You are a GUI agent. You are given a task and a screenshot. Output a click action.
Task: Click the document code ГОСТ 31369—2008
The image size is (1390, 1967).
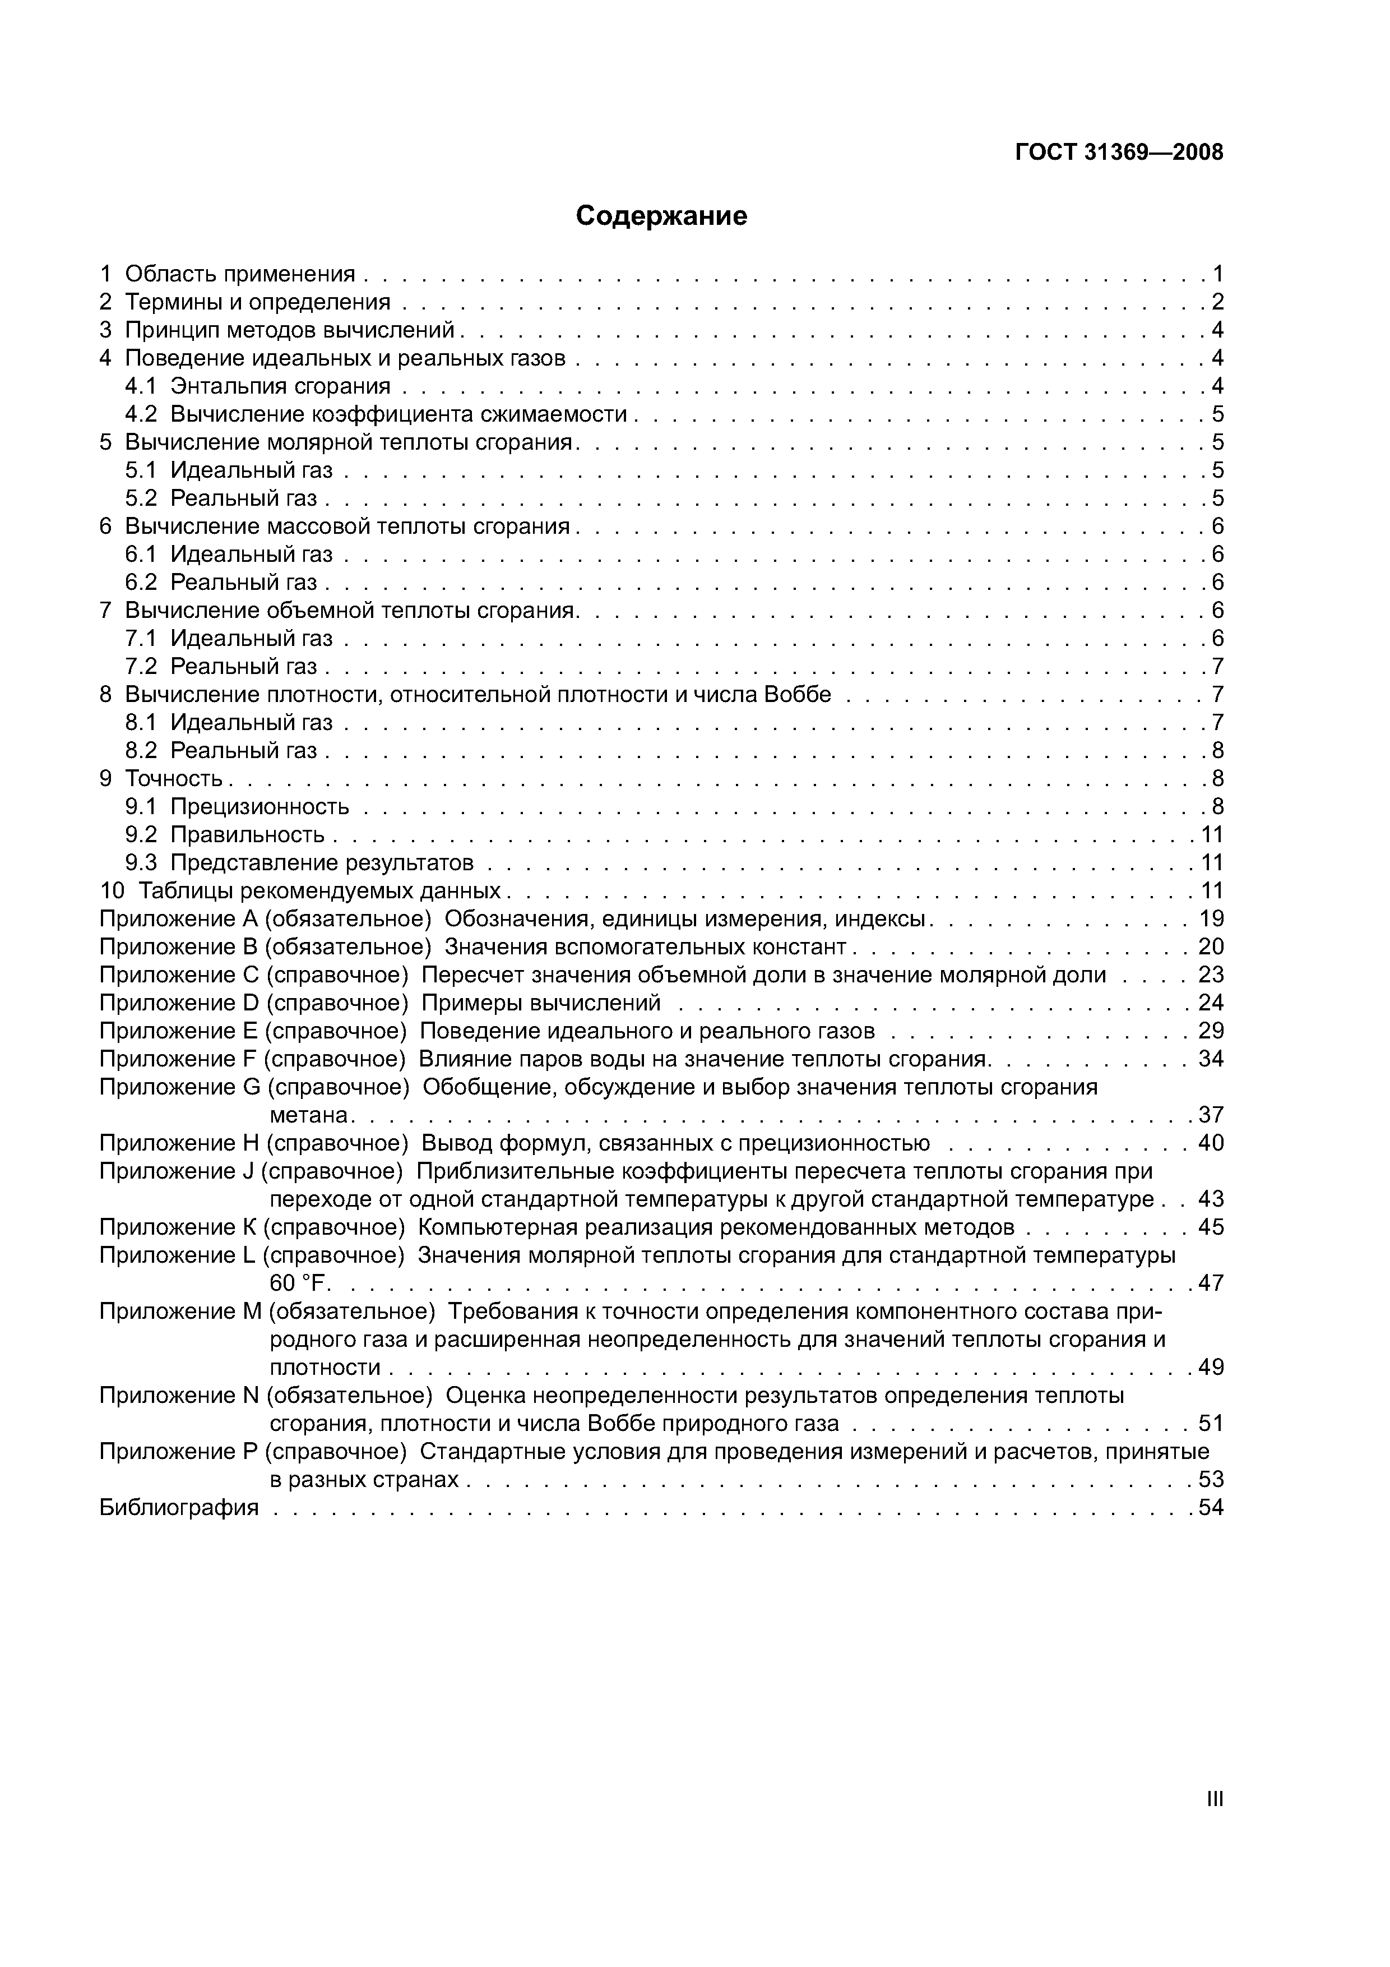[x=1119, y=153]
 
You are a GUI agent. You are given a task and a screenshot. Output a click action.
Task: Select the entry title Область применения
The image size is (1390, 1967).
[x=240, y=274]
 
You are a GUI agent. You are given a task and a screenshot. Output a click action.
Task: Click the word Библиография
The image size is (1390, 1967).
[x=179, y=1507]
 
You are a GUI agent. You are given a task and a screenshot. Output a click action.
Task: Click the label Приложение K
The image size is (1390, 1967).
[x=178, y=1227]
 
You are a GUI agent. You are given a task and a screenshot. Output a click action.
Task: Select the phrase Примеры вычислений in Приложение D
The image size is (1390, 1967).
[x=541, y=1003]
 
